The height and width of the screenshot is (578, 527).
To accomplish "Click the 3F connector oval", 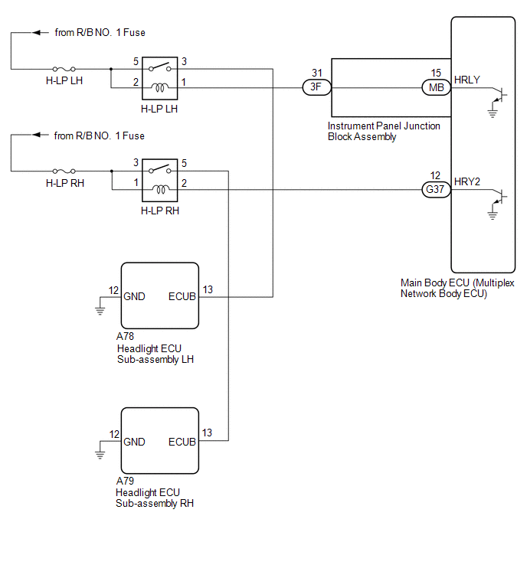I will (316, 87).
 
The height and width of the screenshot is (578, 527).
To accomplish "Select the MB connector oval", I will (436, 87).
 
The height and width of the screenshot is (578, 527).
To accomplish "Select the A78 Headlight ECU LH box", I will (159, 295).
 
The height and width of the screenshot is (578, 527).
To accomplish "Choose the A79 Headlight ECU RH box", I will (159, 440).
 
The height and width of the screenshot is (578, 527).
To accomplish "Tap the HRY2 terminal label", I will (467, 181).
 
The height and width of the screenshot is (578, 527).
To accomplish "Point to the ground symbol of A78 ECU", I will (100, 309).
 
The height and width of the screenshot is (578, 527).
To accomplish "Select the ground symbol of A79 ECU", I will (100, 454).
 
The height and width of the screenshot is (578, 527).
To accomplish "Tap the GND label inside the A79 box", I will (134, 442).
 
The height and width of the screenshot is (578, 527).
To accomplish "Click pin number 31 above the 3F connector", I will (316, 73).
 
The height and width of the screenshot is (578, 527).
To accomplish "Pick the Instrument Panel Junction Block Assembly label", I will (384, 132).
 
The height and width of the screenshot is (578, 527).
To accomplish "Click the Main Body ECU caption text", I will (457, 288).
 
